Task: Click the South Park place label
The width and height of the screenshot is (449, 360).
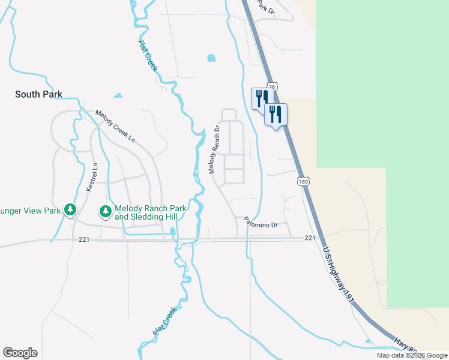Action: (38, 94)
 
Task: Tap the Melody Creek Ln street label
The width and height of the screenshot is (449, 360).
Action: (115, 126)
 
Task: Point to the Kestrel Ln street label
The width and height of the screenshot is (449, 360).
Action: (92, 178)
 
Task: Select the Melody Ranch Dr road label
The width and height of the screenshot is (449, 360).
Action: (215, 148)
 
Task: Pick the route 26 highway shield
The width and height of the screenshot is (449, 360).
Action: (272, 87)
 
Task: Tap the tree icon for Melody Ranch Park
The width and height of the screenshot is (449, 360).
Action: (106, 211)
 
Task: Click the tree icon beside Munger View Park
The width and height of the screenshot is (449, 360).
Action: (71, 210)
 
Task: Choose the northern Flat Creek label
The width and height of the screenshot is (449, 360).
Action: (148, 56)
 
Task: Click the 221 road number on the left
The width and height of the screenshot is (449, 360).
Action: (84, 239)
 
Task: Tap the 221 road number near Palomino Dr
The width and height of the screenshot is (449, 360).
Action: (309, 238)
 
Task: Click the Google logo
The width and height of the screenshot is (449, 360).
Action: (20, 353)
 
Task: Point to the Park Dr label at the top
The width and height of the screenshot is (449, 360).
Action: (266, 6)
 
